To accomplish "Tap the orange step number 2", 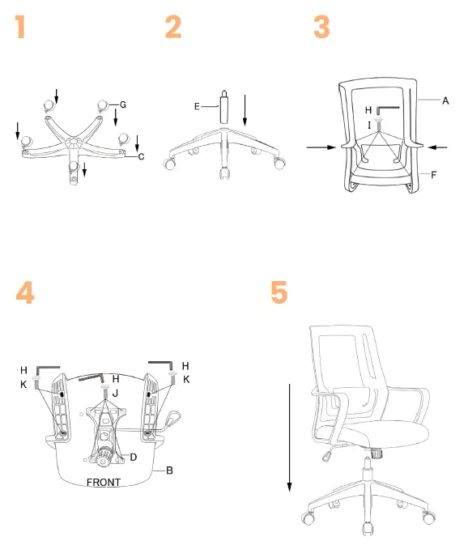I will pyautogui.click(x=173, y=28).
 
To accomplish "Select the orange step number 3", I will pyautogui.click(x=321, y=28).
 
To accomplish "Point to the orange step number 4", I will pyautogui.click(x=24, y=292).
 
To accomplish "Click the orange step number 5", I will pyautogui.click(x=279, y=292).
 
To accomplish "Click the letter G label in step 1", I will pyautogui.click(x=123, y=105).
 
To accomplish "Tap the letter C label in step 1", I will pyautogui.click(x=141, y=156).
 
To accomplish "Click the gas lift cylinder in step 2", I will pyautogui.click(x=226, y=109).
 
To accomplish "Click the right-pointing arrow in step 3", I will pyautogui.click(x=321, y=147).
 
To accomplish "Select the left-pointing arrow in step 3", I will pyautogui.click(x=440, y=147).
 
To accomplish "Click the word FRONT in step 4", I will pyautogui.click(x=104, y=483).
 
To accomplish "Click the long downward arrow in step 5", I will pyautogui.click(x=289, y=436).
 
